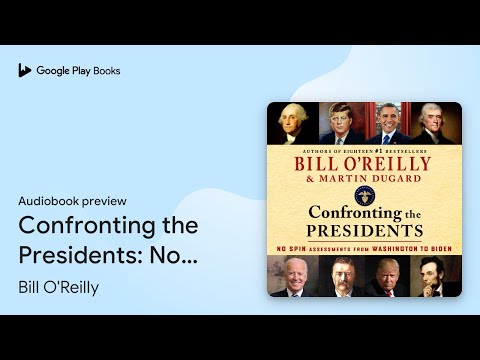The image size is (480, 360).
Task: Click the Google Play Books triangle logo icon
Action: click(x=25, y=70)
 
